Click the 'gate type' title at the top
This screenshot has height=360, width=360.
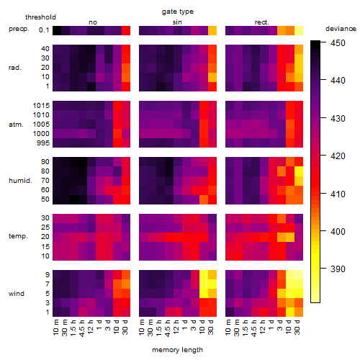[x=178, y=12]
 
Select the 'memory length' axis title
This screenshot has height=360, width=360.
[x=177, y=350]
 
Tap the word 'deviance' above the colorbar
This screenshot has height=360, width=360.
[x=341, y=29]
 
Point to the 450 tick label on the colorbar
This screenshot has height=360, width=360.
[x=338, y=43]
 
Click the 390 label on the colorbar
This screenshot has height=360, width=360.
[x=338, y=269]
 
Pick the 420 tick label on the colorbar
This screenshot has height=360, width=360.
[x=338, y=156]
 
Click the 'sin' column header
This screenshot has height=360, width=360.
[x=177, y=22]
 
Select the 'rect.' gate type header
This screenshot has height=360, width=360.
[x=261, y=22]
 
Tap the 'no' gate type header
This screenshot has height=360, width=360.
[x=93, y=22]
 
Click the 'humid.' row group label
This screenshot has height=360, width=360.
[x=20, y=181]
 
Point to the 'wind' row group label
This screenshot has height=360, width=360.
[x=17, y=294]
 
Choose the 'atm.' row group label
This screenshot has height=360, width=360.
[x=16, y=125]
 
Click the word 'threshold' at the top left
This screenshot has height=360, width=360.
[x=40, y=17]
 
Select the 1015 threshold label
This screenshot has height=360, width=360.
[x=41, y=106]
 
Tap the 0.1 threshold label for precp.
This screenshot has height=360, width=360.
[x=44, y=30]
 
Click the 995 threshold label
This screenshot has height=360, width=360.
[x=43, y=143]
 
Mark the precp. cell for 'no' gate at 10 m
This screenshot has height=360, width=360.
[x=57, y=30]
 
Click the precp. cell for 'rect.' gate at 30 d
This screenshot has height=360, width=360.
[x=299, y=30]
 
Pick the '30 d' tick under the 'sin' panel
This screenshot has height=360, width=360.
[x=210, y=327]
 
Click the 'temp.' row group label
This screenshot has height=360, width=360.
[x=18, y=236]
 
